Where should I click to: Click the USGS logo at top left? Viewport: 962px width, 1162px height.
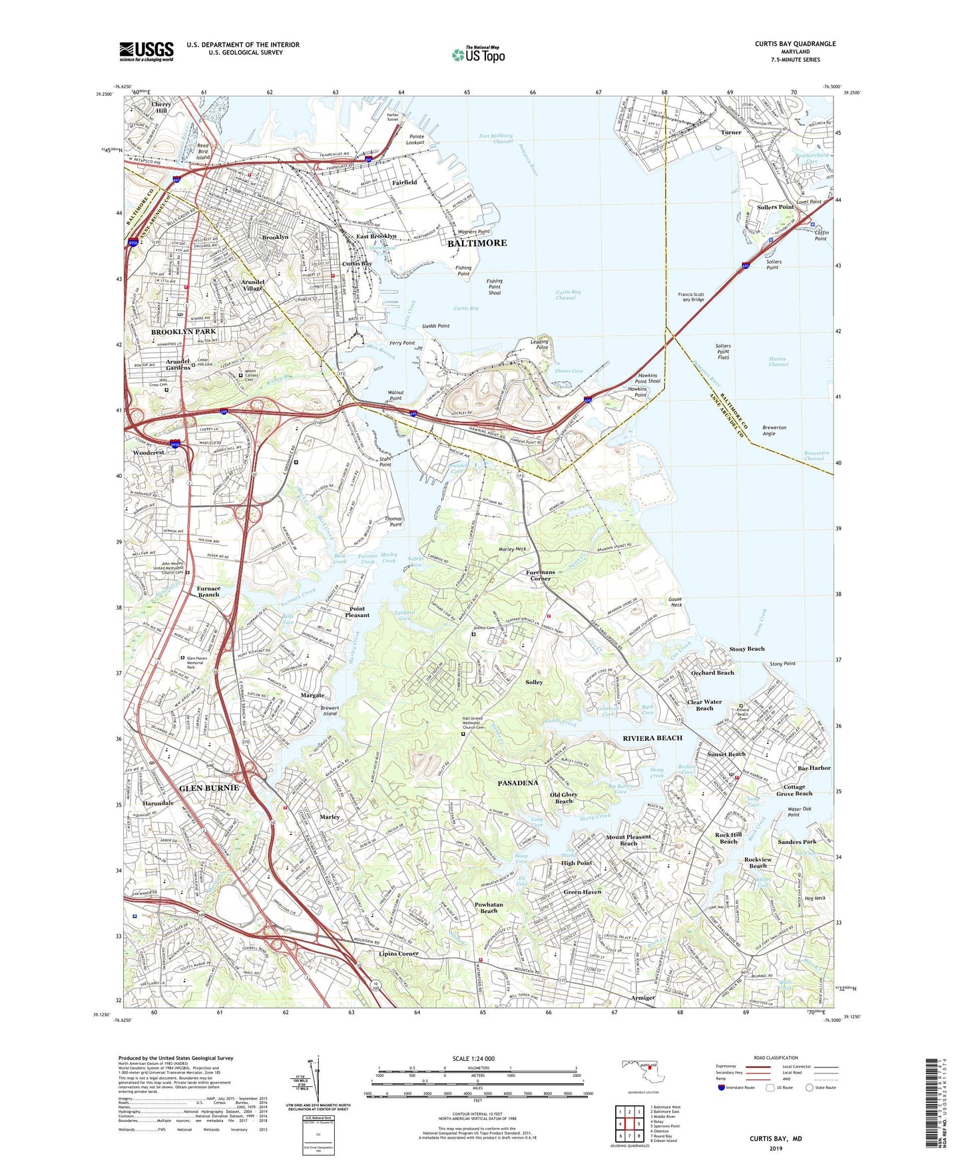146,51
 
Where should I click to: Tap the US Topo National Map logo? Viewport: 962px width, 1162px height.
478,55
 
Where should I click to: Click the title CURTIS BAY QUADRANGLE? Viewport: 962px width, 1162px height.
795,44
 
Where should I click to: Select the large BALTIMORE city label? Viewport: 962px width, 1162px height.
477,243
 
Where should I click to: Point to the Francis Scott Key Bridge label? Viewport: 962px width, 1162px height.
691,297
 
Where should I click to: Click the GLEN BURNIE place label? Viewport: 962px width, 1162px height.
208,787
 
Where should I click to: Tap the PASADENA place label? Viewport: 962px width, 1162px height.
518,783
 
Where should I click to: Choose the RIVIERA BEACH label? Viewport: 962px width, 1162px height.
652,738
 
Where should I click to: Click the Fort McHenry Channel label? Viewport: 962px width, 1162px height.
496,139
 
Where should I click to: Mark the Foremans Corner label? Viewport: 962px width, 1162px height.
539,575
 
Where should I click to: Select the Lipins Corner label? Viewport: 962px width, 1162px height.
399,953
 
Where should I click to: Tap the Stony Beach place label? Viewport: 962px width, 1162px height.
746,648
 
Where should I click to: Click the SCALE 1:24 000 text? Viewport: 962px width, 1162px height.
473,1058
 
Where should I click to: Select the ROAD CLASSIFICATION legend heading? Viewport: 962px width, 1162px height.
776,1058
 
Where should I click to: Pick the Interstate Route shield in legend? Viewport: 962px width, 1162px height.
722,1088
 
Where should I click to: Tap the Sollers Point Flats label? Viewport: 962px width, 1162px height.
723,351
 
